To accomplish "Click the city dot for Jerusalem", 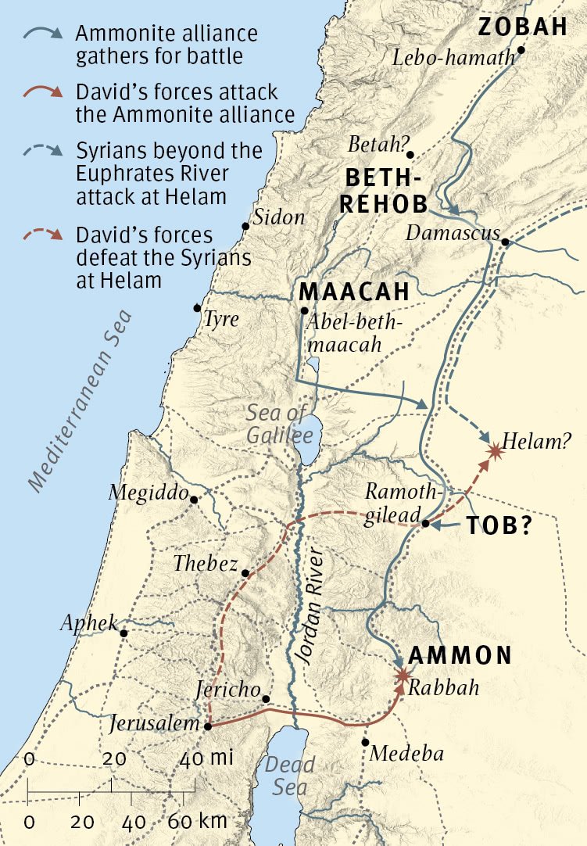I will coord(208,726).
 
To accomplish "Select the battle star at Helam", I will coord(494,450).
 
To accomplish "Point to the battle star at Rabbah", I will coord(403,675).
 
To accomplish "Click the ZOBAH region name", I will coord(522,27).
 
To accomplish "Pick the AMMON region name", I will coord(460,656).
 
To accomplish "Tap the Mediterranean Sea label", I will coord(81,401).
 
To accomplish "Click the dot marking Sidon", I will coord(245,226).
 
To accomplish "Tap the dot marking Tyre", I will coord(198,307).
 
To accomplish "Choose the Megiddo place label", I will coord(148,493).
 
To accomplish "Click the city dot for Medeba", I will coord(365,743).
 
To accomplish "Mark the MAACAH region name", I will coord(354,292).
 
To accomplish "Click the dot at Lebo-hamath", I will coord(521,49).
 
